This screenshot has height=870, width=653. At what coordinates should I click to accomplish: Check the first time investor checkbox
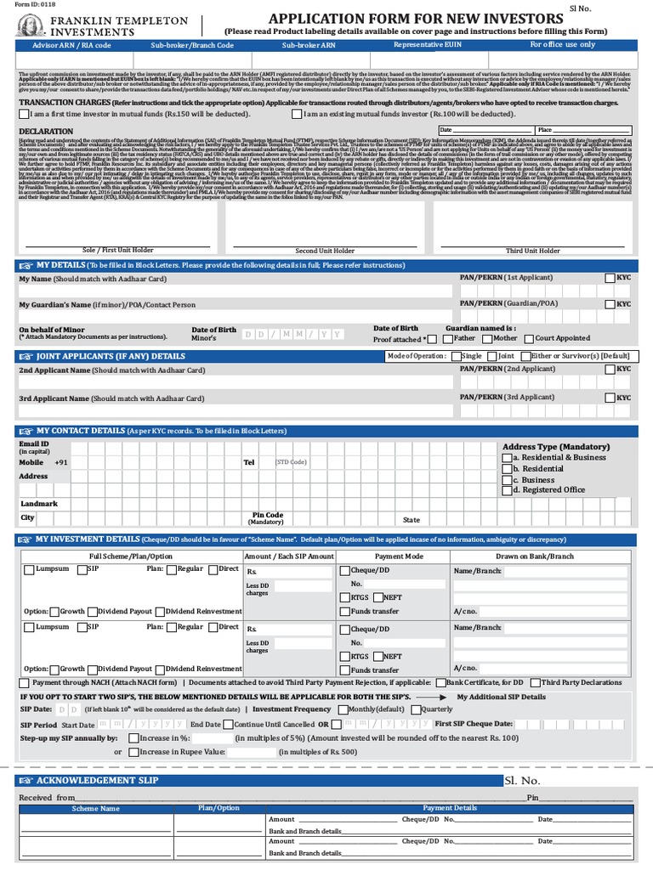tap(23, 113)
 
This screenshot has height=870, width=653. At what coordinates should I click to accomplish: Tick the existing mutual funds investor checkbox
tap(296, 113)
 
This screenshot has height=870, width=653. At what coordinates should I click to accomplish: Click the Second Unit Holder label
tap(324, 251)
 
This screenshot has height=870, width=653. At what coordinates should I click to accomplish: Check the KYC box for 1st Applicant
tap(610, 278)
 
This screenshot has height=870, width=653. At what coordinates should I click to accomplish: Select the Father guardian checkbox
tap(447, 337)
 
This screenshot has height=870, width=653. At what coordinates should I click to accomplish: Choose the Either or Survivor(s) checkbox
tap(548, 356)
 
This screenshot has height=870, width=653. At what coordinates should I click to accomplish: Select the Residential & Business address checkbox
tap(507, 457)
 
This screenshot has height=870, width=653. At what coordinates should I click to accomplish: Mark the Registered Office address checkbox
tap(507, 489)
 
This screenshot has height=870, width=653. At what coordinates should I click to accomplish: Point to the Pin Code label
tap(268, 515)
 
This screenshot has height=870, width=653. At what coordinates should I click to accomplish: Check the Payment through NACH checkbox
tap(23, 682)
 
